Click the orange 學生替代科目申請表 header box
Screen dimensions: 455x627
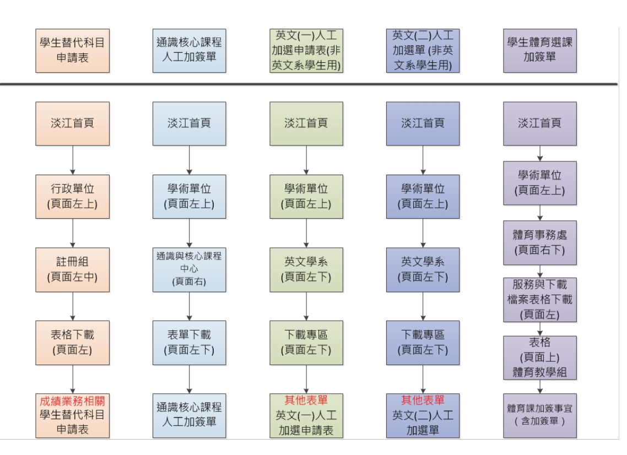[72, 50]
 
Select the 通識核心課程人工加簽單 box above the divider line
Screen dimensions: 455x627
[189, 50]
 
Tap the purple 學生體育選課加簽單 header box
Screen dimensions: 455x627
[539, 50]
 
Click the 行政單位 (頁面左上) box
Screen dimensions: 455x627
[72, 196]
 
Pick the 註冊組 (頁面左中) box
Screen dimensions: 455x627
[72, 269]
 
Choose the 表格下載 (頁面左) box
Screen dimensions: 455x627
[72, 342]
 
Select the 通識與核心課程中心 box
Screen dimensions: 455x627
[189, 269]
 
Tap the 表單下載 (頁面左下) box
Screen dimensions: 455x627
[189, 342]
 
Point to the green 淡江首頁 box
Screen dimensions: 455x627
[306, 123]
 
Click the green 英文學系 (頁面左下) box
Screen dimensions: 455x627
[306, 269]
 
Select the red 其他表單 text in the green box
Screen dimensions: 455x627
[306, 400]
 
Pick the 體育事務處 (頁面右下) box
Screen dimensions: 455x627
[539, 242]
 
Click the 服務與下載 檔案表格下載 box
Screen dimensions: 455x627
[539, 300]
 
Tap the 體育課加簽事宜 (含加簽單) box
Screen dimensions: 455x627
[539, 415]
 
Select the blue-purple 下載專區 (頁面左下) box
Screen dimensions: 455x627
[423, 342]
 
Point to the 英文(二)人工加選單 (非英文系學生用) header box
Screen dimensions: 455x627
[423, 50]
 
